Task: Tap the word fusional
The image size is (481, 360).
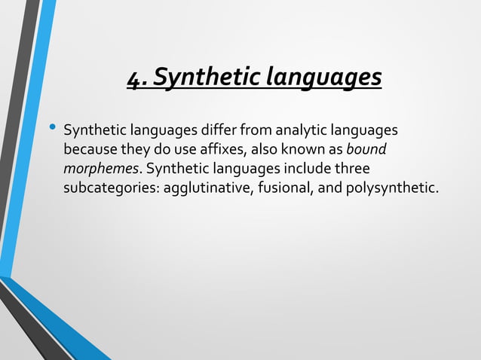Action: pyautogui.click(x=284, y=187)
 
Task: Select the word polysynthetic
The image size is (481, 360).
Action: pyautogui.click(x=391, y=187)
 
